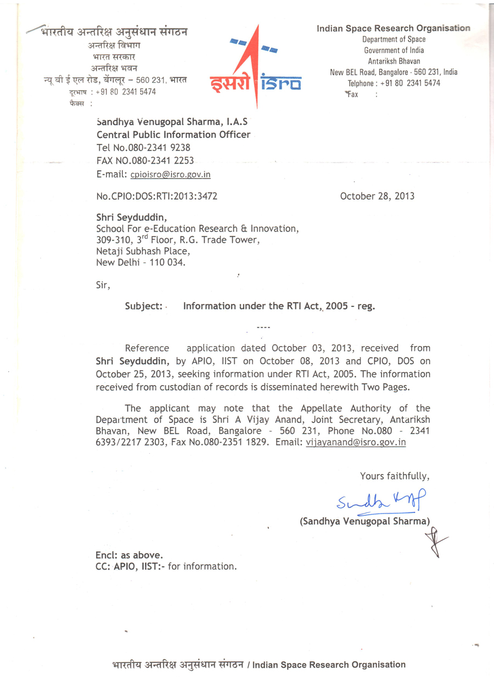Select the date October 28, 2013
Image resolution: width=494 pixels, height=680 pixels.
tap(377, 196)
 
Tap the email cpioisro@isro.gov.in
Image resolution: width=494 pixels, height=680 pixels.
tap(170, 174)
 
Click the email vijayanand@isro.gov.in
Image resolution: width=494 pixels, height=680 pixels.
tap(355, 442)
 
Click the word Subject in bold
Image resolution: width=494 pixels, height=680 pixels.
tap(143, 306)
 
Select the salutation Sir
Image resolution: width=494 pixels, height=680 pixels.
tap(103, 285)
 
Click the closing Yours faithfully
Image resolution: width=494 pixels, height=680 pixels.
tap(394, 476)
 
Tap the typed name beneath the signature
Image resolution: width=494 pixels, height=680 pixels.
tap(364, 521)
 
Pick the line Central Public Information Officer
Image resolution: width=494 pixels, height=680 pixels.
tap(173, 135)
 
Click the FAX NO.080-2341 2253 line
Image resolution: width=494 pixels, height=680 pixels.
tap(145, 161)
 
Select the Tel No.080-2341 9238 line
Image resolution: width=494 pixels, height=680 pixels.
tap(143, 148)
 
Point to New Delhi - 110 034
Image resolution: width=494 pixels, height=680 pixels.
tap(141, 263)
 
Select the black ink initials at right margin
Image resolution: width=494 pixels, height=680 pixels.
tap(436, 542)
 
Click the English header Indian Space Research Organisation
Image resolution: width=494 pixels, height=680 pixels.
tap(393, 28)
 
